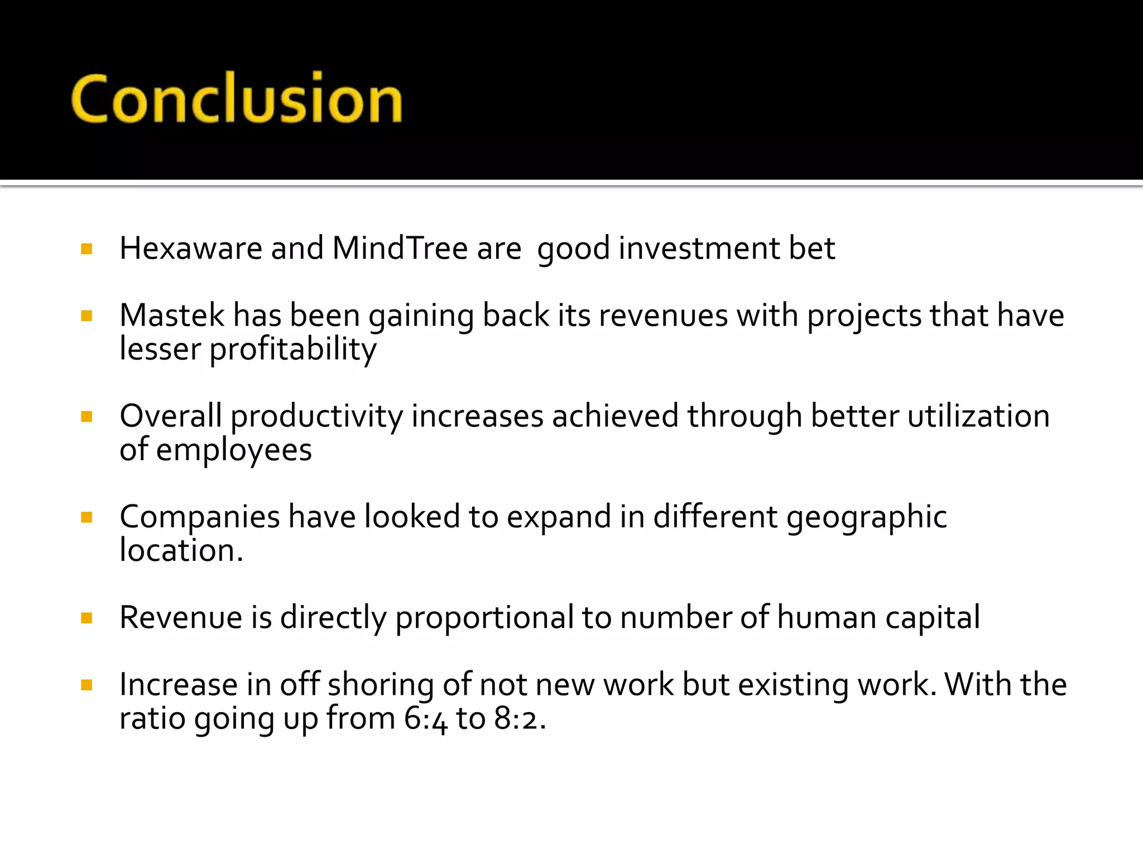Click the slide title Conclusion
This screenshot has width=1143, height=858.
237,99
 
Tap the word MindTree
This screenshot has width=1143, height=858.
400,248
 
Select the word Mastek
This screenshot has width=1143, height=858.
171,315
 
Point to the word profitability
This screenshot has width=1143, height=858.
293,350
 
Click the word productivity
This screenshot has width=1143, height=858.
316,417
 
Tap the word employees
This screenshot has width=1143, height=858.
234,450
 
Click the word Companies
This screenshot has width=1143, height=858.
199,517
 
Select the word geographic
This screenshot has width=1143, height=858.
866,517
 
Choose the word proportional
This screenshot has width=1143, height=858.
484,618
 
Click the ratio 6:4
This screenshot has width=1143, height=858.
425,718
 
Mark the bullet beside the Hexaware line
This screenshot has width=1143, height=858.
87,249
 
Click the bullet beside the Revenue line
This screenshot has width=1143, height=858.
87,618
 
